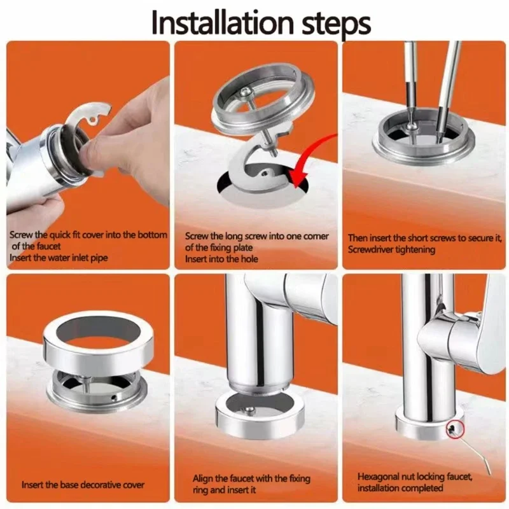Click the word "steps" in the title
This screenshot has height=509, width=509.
pyautogui.click(x=337, y=24)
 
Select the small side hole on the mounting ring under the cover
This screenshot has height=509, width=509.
pyautogui.click(x=113, y=397)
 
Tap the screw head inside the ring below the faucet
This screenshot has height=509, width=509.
pyautogui.click(x=249, y=410)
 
